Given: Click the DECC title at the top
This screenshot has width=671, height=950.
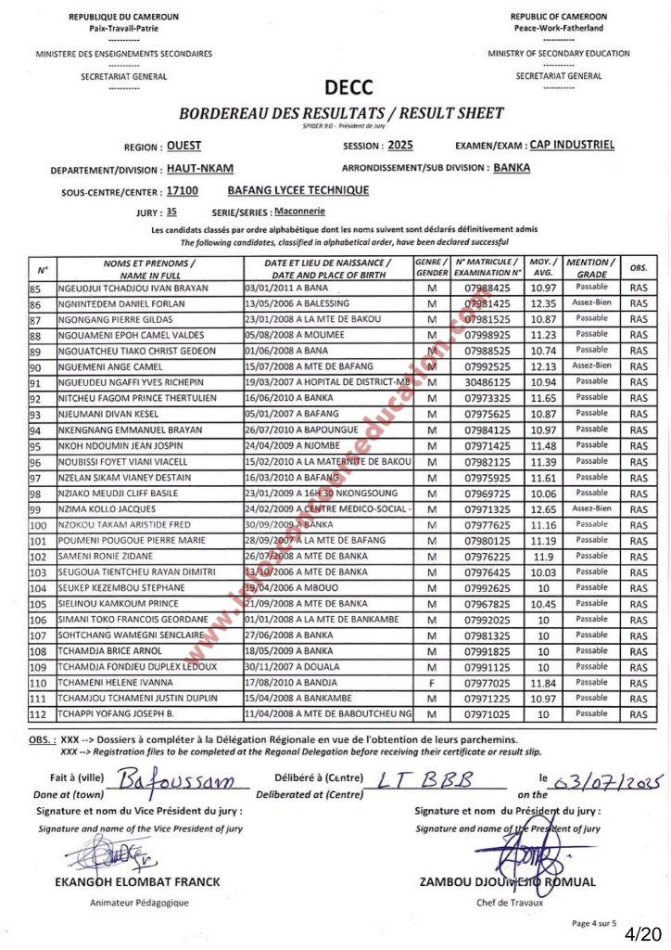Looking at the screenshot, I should [x=348, y=88].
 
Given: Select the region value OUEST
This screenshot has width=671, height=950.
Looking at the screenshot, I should [x=184, y=146].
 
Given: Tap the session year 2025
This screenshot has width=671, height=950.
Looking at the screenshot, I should [x=400, y=146].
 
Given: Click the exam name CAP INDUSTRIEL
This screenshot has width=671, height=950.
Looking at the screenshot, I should [x=572, y=146].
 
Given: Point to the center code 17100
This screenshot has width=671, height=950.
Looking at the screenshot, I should [x=182, y=190].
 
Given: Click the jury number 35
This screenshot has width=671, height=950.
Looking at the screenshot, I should [x=171, y=212].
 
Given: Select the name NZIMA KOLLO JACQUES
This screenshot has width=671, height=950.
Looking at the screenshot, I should [x=107, y=509].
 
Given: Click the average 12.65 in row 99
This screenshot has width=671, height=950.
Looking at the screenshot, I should [x=544, y=509].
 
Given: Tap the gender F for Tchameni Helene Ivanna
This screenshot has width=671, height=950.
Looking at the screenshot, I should [x=431, y=684].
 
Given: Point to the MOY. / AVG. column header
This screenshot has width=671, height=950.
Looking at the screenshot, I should [x=544, y=268].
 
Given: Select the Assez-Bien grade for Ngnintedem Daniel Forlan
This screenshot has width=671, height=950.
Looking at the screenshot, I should [x=592, y=303].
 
